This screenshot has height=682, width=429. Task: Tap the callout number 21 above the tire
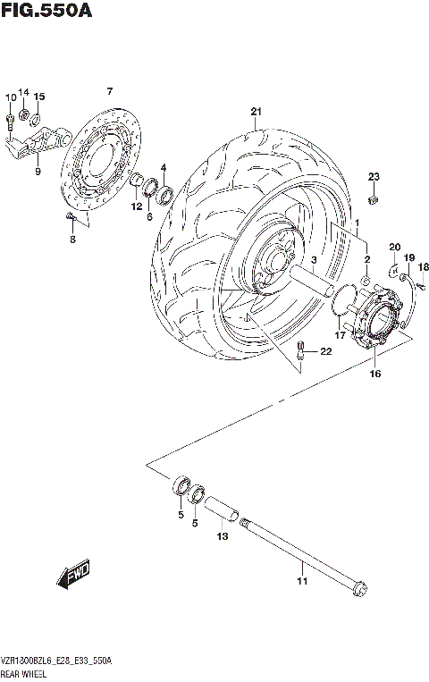click(x=256, y=112)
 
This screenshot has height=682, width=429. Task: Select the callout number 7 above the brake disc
click(x=109, y=92)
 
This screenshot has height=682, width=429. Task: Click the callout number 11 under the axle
click(x=301, y=582)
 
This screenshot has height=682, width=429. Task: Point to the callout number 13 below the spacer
click(x=222, y=536)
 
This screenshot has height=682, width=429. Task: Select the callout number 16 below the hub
click(x=374, y=374)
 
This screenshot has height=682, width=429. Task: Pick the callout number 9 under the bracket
click(x=38, y=171)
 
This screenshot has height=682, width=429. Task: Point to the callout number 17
click(x=340, y=335)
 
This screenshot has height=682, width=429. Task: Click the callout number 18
click(x=424, y=267)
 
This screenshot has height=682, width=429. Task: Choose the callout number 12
click(x=137, y=206)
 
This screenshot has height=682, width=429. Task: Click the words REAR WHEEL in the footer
click(x=28, y=672)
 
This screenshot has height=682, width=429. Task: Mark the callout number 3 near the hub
click(x=315, y=260)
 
